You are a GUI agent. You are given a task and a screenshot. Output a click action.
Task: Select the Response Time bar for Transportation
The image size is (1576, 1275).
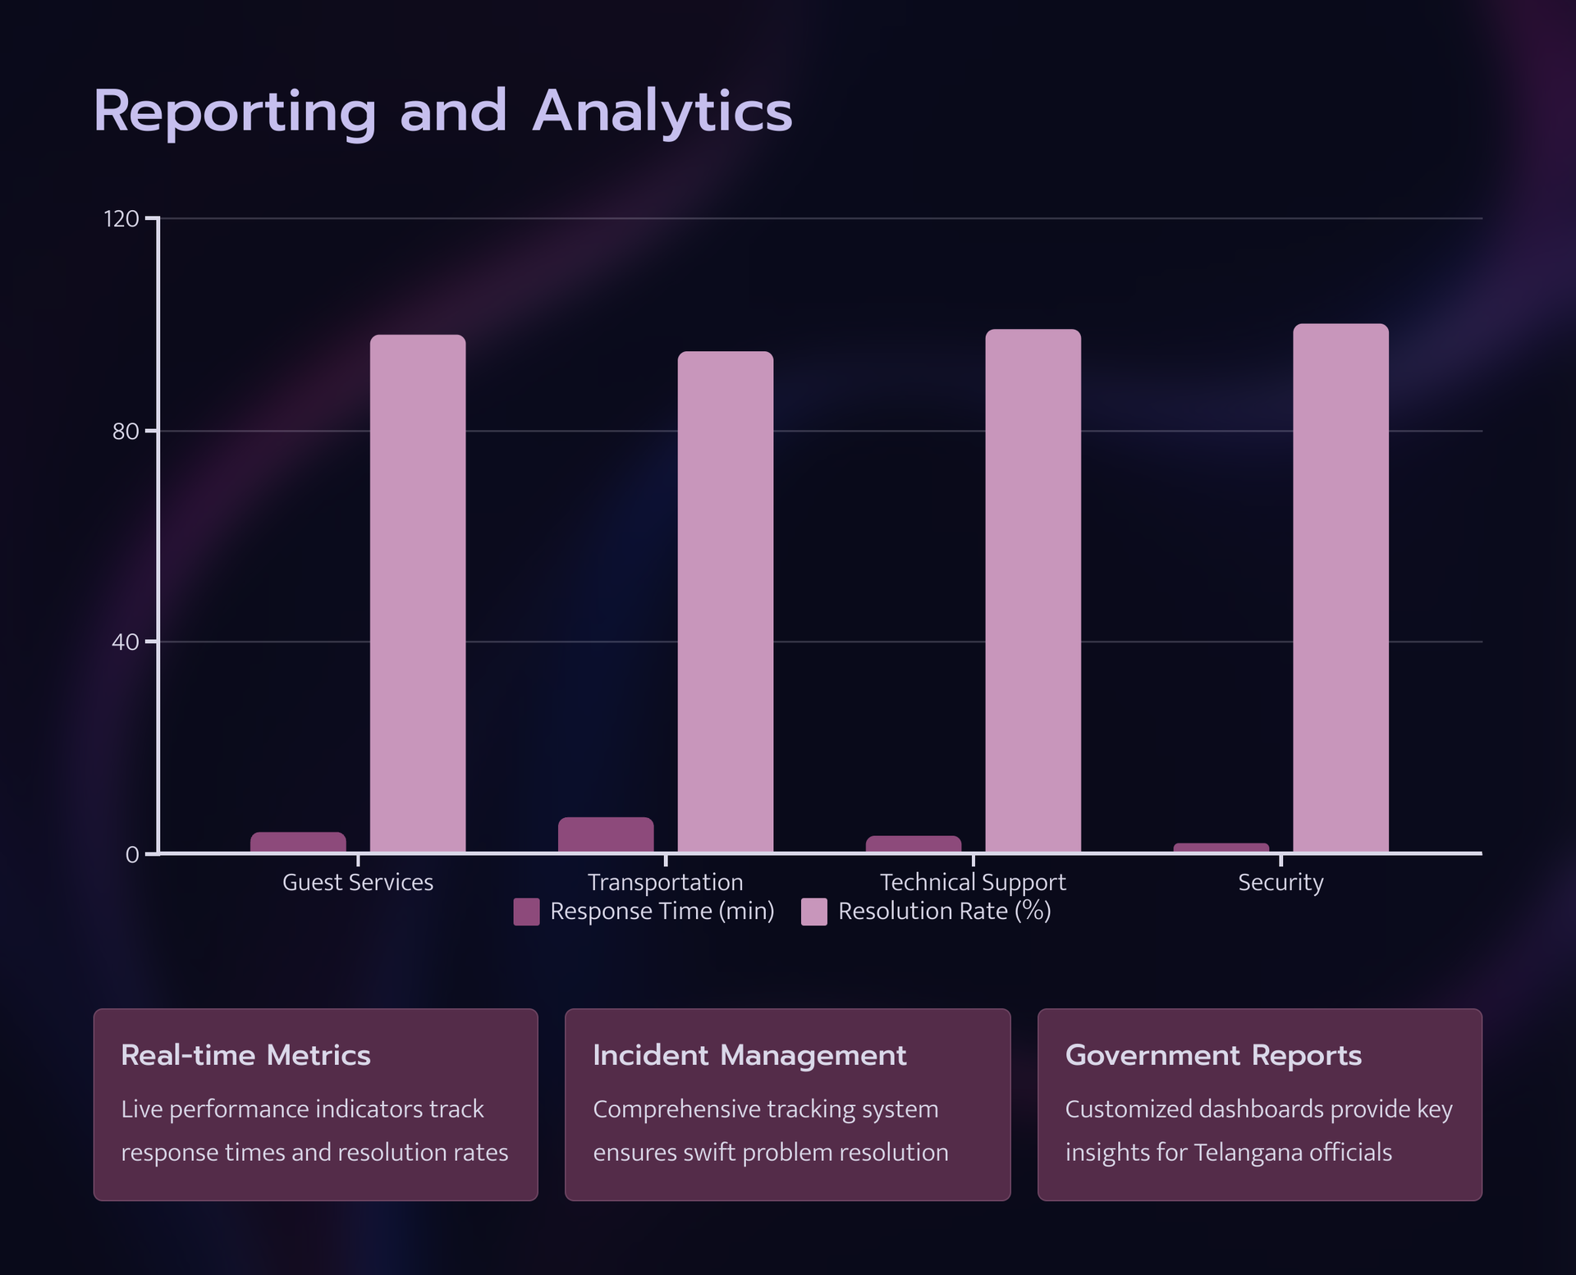(606, 834)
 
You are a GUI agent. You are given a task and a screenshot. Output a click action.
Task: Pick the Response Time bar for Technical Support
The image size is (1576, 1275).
(913, 844)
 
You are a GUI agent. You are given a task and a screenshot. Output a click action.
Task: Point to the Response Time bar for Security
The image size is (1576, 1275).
(1221, 848)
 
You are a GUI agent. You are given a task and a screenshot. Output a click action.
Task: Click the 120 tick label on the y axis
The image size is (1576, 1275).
(121, 219)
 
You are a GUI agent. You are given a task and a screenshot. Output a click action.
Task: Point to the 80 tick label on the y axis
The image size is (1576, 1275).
(125, 432)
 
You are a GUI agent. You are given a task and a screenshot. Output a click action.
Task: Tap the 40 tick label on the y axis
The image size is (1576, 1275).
(125, 642)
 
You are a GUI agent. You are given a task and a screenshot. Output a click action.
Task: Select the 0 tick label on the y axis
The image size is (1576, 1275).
(131, 855)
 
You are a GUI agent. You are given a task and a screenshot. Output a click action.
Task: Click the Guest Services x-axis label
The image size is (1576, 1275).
(357, 883)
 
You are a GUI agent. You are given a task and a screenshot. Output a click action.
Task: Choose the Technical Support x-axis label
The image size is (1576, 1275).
(972, 883)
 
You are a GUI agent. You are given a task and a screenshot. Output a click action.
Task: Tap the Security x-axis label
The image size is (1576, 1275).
(1280, 883)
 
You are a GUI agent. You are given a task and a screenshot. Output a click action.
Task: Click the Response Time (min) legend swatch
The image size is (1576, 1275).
(526, 912)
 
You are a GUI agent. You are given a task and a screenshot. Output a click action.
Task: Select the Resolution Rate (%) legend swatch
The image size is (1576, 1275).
(813, 912)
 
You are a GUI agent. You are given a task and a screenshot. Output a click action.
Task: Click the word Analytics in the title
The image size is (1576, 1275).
(662, 112)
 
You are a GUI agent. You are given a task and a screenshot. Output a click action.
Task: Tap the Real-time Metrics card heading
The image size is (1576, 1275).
(245, 1055)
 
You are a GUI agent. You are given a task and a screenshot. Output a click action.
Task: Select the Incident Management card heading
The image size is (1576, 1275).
(749, 1055)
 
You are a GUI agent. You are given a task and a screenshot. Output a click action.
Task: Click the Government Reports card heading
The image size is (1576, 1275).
(1212, 1055)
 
